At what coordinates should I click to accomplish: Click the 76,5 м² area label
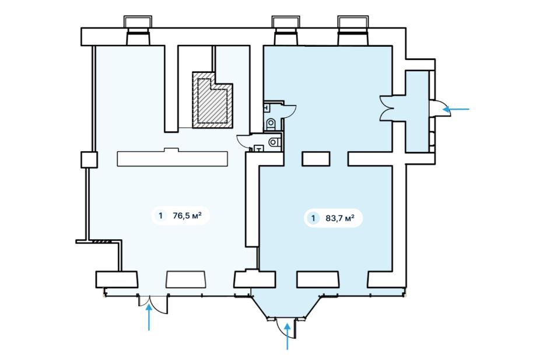click(x=187, y=215)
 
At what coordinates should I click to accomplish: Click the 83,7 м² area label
click(x=340, y=218)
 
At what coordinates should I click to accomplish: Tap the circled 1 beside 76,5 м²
click(x=160, y=215)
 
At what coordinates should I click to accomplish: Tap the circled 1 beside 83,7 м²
click(x=313, y=218)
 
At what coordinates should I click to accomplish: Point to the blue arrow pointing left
click(x=456, y=109)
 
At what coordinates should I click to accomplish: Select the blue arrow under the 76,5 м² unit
click(x=149, y=317)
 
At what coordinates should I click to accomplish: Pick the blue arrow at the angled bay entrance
click(x=287, y=336)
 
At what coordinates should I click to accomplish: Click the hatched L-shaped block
click(x=212, y=100)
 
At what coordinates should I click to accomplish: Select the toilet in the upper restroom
click(x=271, y=123)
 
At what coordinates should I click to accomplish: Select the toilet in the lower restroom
click(x=275, y=142)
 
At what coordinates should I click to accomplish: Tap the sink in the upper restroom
click(x=266, y=107)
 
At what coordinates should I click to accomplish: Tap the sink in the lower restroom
click(x=258, y=149)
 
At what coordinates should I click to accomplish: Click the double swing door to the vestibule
click(x=387, y=109)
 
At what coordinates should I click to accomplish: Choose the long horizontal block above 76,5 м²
click(x=173, y=158)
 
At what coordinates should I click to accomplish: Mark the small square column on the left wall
click(x=89, y=159)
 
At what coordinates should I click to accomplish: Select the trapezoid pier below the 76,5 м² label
click(x=186, y=279)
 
